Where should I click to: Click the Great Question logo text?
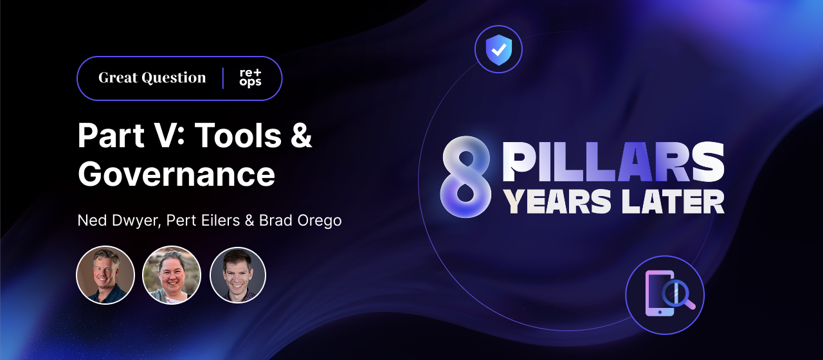tap(152, 78)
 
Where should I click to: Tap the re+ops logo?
tap(250, 78)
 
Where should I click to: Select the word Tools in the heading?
tap(237, 136)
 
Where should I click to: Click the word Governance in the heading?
tap(176, 174)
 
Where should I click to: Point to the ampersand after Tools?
tap(300, 136)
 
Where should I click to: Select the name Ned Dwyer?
tap(118, 221)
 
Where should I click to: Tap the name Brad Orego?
tap(300, 221)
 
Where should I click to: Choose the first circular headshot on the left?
tap(105, 274)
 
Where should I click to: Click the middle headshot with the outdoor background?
tap(172, 274)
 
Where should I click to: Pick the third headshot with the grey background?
tap(238, 274)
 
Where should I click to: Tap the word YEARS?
tap(557, 202)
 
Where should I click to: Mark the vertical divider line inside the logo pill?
tap(223, 78)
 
